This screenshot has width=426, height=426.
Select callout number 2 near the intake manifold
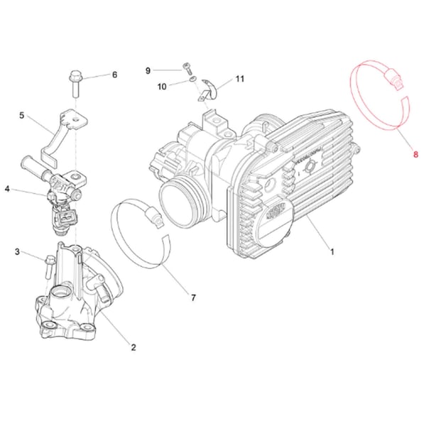[x=133, y=347]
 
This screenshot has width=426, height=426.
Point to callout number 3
[x=7, y=189]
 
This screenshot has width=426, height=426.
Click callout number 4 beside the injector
[x=21, y=115]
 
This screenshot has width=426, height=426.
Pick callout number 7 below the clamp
[x=148, y=70]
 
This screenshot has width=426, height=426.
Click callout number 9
[x=162, y=86]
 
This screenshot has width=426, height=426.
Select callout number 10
[x=239, y=78]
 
